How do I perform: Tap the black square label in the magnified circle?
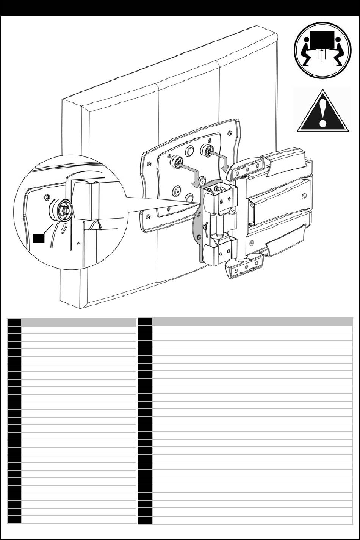38,238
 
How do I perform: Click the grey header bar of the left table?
79,322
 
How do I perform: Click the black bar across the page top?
180,8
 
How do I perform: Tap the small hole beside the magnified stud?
46,198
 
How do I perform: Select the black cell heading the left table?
14,322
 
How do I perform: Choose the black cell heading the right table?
145,322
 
